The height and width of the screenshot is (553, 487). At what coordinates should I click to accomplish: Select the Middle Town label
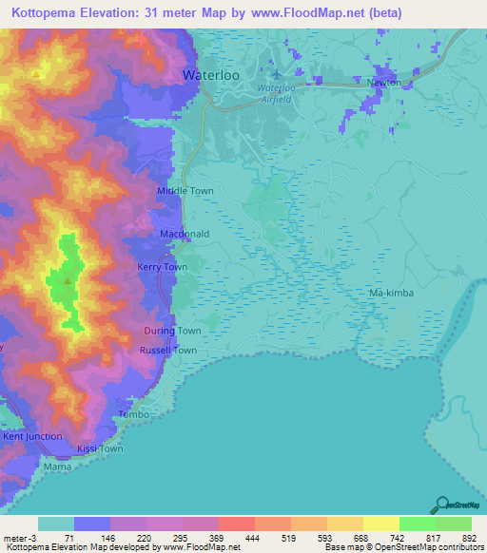pyautogui.click(x=185, y=191)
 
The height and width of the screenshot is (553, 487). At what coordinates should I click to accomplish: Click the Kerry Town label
pyautogui.click(x=162, y=268)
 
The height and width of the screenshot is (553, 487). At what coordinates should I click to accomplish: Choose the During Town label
pyautogui.click(x=172, y=331)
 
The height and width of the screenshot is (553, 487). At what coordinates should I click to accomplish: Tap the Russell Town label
pyautogui.click(x=169, y=351)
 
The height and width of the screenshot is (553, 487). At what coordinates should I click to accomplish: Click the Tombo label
pyautogui.click(x=130, y=415)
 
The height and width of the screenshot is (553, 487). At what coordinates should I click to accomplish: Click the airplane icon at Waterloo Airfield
pyautogui.click(x=276, y=74)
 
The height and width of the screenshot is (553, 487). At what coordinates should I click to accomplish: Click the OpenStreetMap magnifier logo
pyautogui.click(x=444, y=505)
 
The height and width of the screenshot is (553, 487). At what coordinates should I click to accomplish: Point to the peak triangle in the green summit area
pyautogui.click(x=67, y=280)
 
